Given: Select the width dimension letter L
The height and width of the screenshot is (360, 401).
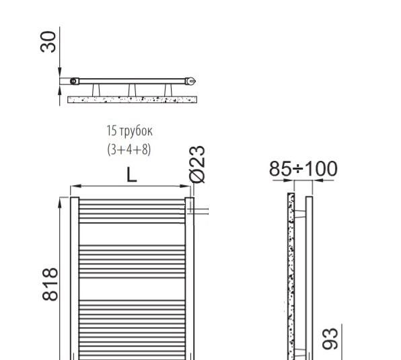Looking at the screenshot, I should (x=132, y=175).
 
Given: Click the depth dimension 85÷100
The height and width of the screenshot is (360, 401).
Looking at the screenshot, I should (x=303, y=169).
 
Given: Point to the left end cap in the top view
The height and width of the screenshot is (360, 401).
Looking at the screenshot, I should (x=73, y=81).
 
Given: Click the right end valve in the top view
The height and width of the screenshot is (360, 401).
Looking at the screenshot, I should (x=192, y=81).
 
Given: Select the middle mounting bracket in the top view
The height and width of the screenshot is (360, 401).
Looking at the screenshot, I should (x=133, y=89).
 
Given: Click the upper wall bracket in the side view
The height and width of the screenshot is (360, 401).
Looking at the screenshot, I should (x=299, y=213).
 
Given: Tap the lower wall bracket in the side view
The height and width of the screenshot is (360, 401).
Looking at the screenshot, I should (x=299, y=351).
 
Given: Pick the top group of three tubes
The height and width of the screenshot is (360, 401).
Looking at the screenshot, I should (x=132, y=211).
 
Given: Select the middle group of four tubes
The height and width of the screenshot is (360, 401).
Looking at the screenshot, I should (x=132, y=256).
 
